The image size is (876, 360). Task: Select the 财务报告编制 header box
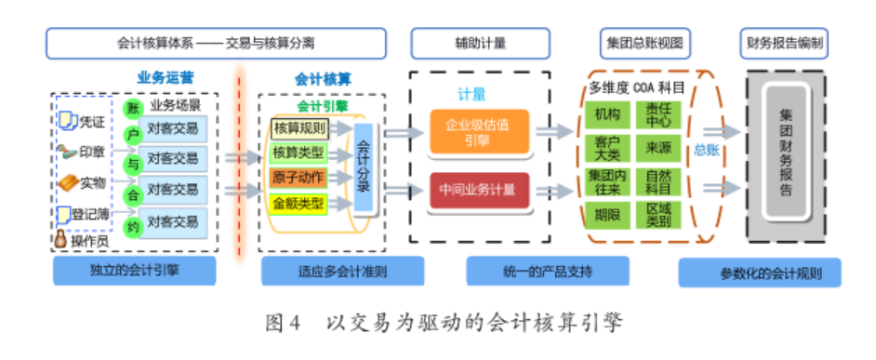point(787,43)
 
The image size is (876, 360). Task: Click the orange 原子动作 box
point(299,177)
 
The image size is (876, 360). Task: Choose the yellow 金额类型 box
point(299,202)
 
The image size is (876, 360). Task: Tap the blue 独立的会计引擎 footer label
point(135,272)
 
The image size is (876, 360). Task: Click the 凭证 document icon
point(68,122)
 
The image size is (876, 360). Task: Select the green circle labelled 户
point(132,137)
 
